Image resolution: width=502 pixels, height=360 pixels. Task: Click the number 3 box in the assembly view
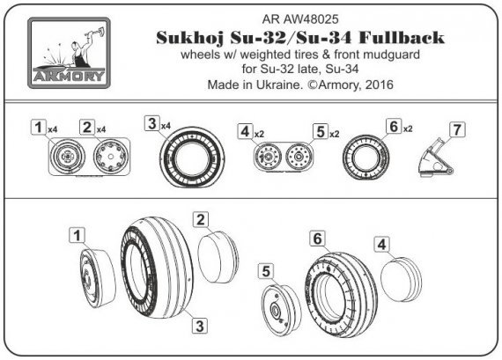pyautogui.click(x=200, y=325)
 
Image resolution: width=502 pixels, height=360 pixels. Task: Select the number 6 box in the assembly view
pyautogui.click(x=317, y=237)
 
